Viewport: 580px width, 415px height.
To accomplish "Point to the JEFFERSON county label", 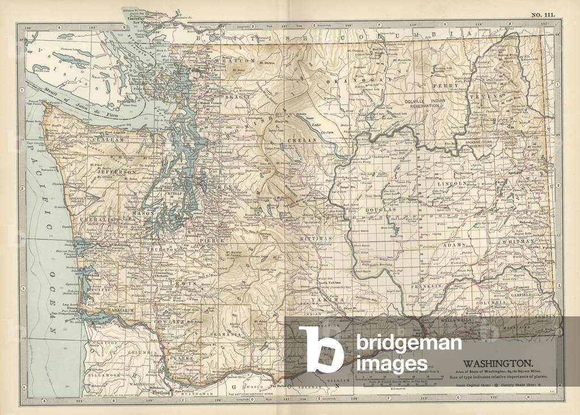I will (117, 171).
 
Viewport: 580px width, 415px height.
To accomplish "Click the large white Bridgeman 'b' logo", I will (321, 349).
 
